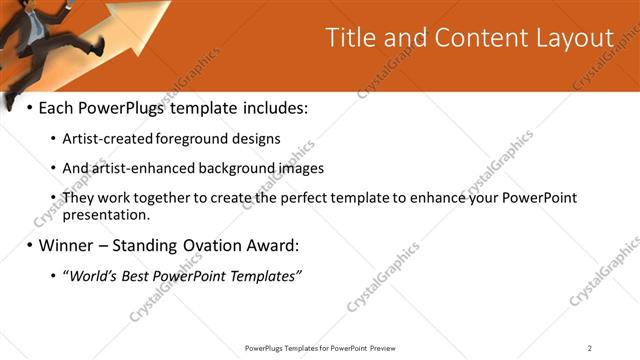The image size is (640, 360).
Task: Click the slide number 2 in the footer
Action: pos(590,347)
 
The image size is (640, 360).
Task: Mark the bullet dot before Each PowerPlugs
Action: pos(29,106)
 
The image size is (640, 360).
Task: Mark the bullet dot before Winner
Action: pos(29,244)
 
